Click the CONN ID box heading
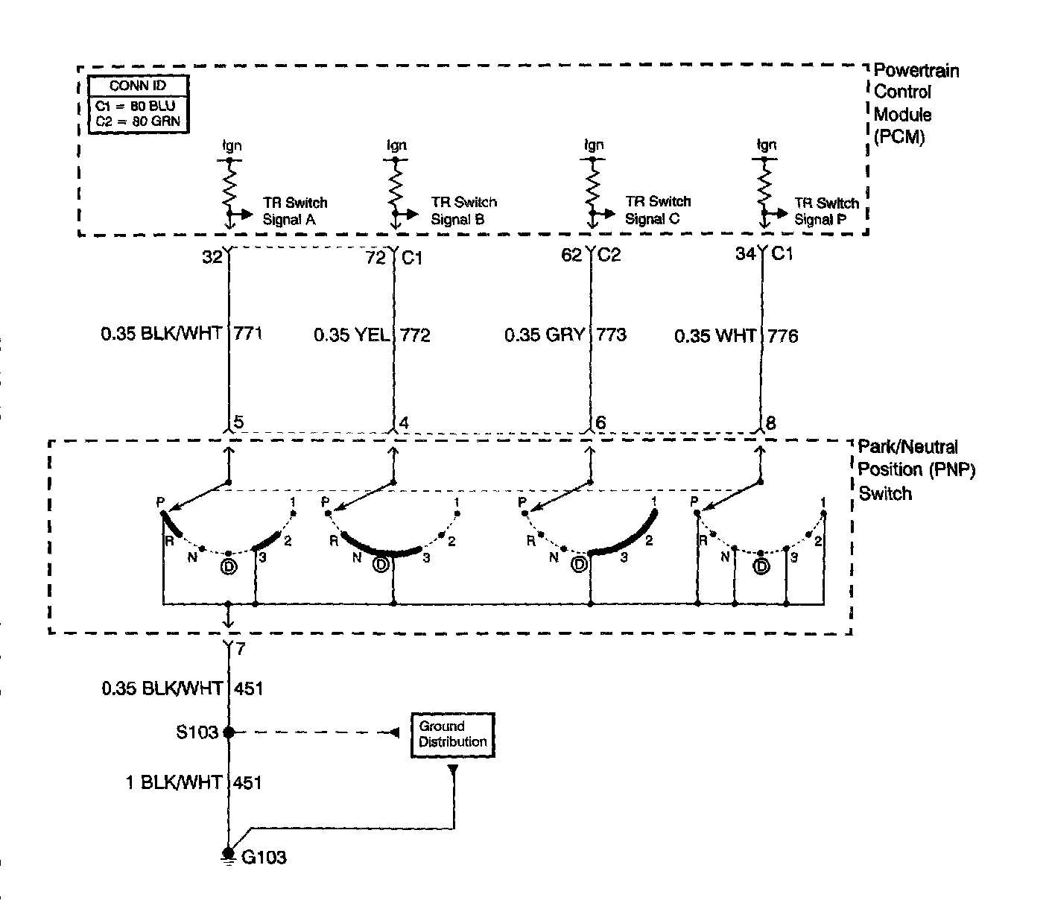point(138,86)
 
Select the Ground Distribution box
point(452,735)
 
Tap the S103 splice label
point(197,732)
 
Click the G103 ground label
point(264,858)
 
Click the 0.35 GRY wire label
point(544,335)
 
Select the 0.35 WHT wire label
point(715,336)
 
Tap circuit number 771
point(248,334)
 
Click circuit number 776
point(782,337)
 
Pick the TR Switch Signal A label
point(294,211)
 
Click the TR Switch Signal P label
point(825,211)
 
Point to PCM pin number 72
point(375,258)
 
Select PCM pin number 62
point(571,256)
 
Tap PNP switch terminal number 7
point(240,649)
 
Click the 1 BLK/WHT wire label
point(174,782)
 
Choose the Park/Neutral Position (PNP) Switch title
point(916,470)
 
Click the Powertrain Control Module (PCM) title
point(915,104)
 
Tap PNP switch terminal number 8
point(770,423)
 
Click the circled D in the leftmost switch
point(228,567)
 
